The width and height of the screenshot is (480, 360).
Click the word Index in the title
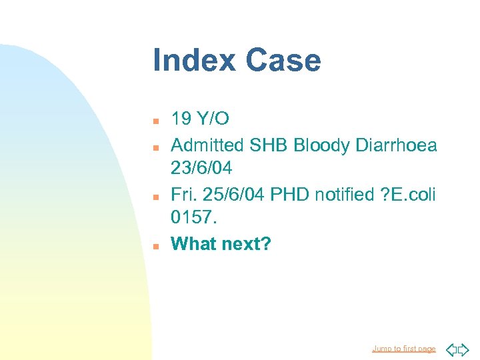pos(194,60)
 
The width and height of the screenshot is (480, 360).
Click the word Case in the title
pos(283,60)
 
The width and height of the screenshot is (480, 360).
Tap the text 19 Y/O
pos(200,119)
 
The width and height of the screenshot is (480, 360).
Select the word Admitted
pos(208,145)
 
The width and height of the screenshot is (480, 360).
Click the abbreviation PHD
pos(279,194)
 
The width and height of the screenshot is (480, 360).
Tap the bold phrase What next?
pos(221,244)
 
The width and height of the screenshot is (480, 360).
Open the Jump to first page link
pos(404,349)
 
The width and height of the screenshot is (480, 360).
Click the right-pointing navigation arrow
pos(464,349)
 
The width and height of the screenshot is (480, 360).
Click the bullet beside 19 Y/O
pos(155,121)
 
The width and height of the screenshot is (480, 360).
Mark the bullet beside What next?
pos(155,245)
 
